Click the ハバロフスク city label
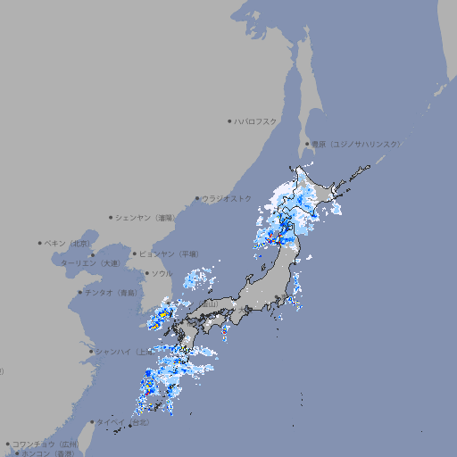click(x=256, y=120)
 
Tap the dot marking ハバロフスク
click(x=229, y=120)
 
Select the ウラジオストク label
click(x=227, y=198)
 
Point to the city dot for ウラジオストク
click(x=197, y=199)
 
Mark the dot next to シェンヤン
click(x=112, y=217)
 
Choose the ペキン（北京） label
click(x=69, y=243)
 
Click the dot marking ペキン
click(x=40, y=243)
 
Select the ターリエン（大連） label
click(x=90, y=263)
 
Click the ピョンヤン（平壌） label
click(x=169, y=253)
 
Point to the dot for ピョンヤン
click(x=135, y=253)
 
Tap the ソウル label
click(x=162, y=273)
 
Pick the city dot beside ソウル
click(x=146, y=273)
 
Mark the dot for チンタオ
click(x=79, y=292)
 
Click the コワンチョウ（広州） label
click(x=45, y=444)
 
